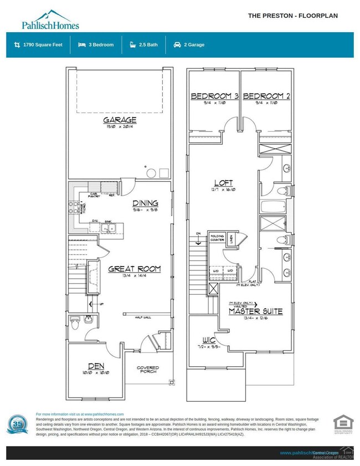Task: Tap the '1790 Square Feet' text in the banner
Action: click(x=42, y=45)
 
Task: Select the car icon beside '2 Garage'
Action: click(x=177, y=45)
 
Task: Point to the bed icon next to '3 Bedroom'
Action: click(x=82, y=45)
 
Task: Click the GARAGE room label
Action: click(x=119, y=120)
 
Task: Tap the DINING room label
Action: click(x=145, y=203)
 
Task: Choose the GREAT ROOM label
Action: click(x=134, y=269)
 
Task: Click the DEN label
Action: click(x=95, y=366)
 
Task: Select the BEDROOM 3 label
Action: click(x=214, y=96)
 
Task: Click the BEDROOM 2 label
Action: click(x=266, y=96)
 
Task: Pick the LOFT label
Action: click(x=223, y=183)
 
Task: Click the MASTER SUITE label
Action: click(x=256, y=311)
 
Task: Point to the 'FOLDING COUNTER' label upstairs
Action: click(x=217, y=238)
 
